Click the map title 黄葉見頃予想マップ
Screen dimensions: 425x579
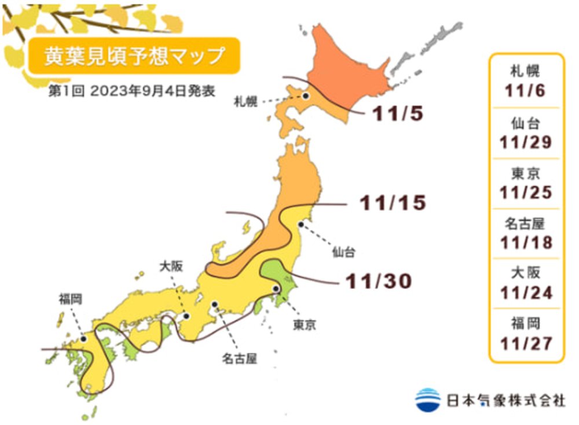(134, 56)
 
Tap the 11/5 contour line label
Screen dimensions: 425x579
(398, 113)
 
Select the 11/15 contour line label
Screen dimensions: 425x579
(392, 203)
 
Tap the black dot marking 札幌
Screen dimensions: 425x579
(305, 96)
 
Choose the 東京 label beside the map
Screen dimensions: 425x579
(304, 325)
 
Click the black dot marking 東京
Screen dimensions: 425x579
(276, 288)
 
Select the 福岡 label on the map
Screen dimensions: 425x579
(69, 299)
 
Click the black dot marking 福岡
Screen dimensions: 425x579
(84, 339)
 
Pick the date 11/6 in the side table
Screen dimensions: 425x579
(526, 91)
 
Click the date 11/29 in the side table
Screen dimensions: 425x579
(526, 142)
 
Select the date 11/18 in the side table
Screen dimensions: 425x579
(526, 241)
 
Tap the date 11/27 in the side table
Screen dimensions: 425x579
(526, 342)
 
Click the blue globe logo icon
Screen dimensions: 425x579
(428, 399)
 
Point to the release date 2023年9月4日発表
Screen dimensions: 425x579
(152, 92)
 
